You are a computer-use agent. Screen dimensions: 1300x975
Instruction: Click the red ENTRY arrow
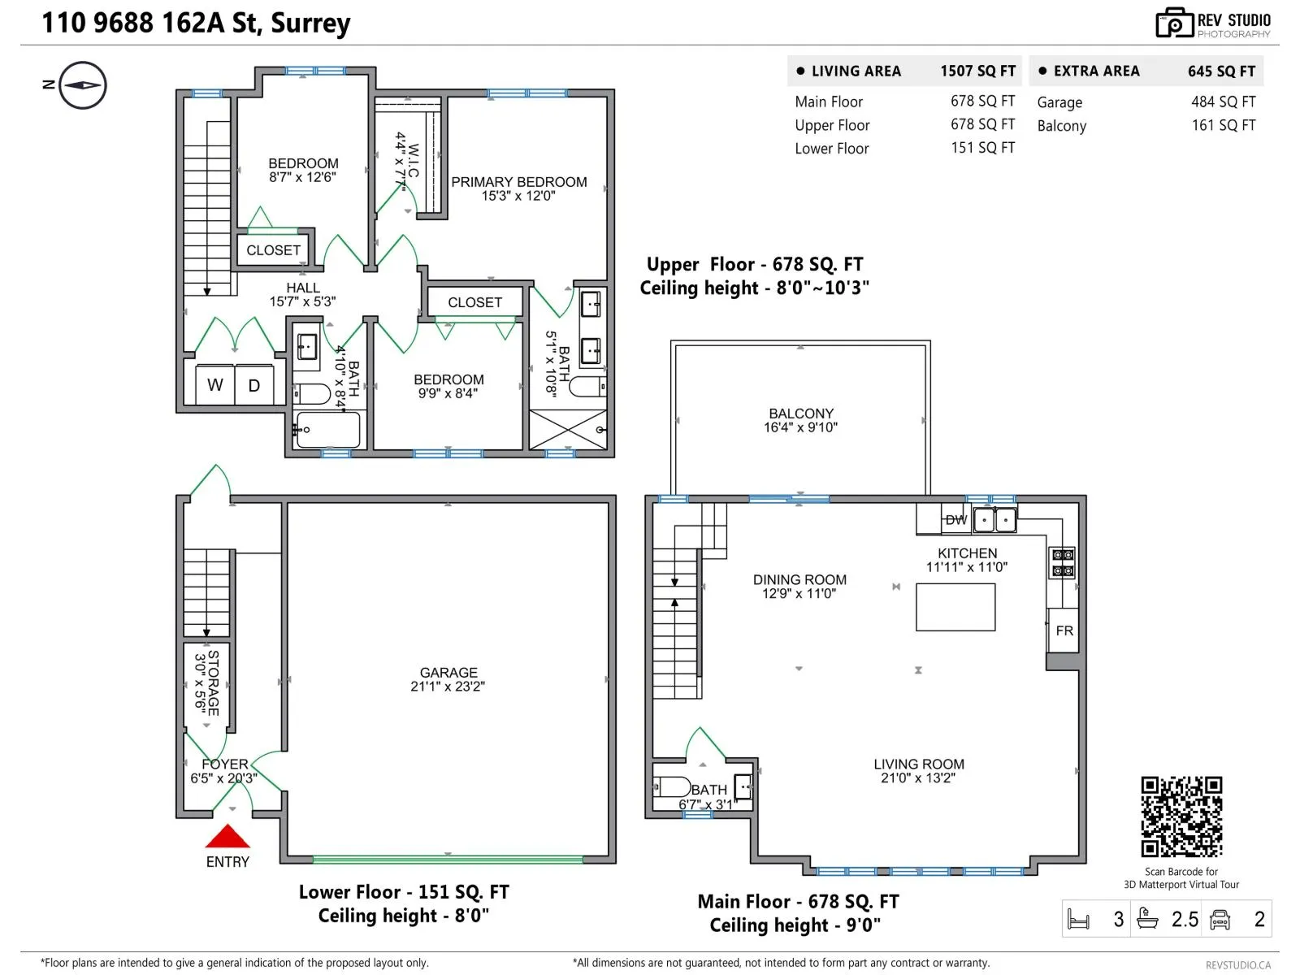pos(227,836)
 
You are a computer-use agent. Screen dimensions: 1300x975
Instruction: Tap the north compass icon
pos(83,85)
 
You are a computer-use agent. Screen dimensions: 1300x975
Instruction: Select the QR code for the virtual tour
pos(1181,817)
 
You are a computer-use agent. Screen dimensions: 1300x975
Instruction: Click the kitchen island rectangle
pos(955,607)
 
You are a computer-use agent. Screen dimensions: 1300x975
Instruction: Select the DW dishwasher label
pos(955,520)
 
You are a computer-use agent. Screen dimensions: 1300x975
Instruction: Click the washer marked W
pos(215,385)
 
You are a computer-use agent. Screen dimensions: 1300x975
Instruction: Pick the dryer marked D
pos(254,385)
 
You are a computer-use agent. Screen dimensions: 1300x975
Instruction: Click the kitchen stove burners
pos(1062,563)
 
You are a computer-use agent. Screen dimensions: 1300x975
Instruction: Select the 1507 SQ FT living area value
pos(977,71)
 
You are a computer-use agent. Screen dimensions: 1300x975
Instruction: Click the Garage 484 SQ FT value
pos(1223,102)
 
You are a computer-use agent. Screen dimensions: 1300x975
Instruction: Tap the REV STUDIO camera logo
pos(1174,23)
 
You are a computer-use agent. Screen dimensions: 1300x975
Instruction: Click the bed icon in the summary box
pos(1077,919)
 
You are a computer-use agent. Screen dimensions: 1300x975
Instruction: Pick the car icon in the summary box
pos(1219,920)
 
